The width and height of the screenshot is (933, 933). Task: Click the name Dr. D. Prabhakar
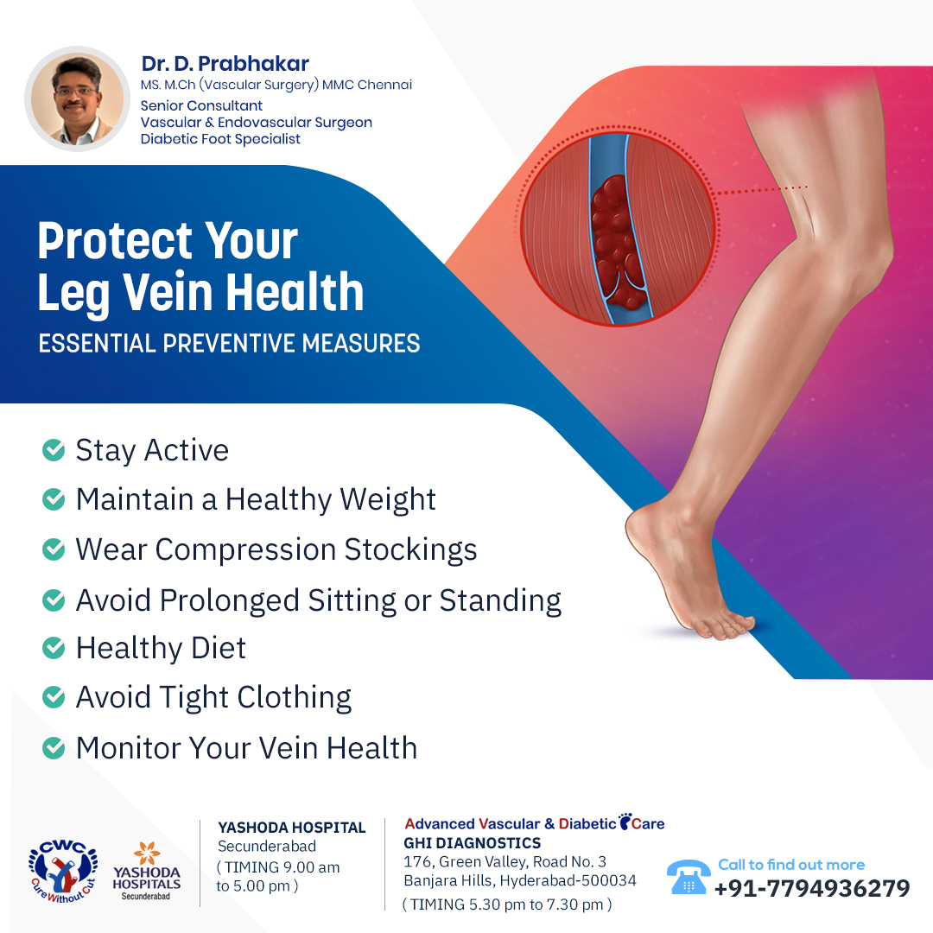225,64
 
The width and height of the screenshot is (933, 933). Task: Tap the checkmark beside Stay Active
54,450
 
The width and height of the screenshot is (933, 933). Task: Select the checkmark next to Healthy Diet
54,648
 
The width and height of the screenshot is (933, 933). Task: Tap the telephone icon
689,877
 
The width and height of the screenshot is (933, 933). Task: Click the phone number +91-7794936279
812,888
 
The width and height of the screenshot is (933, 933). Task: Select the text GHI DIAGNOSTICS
472,843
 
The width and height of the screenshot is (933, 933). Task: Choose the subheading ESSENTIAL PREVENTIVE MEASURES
229,343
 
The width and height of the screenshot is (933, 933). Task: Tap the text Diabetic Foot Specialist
220,139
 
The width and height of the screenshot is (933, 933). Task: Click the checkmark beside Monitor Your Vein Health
54,748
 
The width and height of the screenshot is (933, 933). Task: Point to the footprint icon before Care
625,822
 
